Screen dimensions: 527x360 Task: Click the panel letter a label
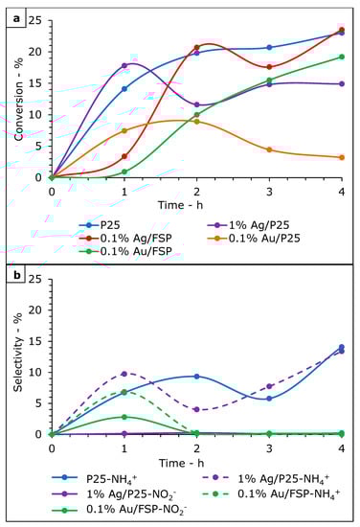point(13,12)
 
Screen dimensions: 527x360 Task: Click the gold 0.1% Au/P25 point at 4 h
point(342,157)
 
